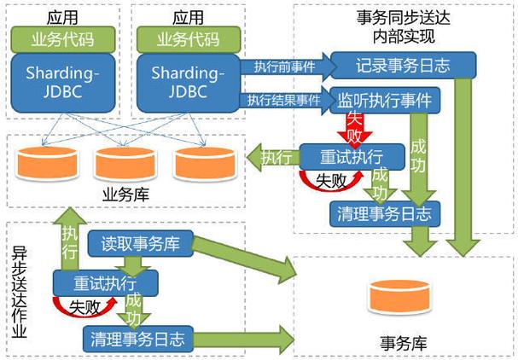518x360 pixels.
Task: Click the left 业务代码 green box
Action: (54, 38)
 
